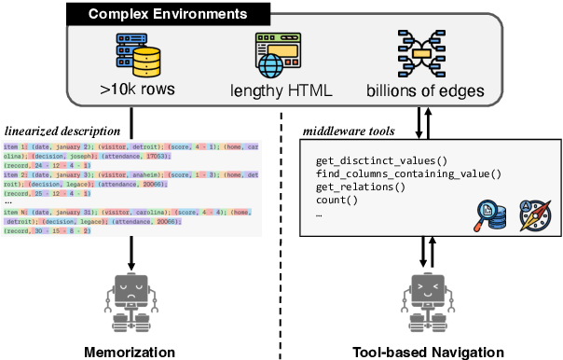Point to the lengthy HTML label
click(277, 92)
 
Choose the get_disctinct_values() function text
click(381, 162)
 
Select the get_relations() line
click(362, 187)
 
